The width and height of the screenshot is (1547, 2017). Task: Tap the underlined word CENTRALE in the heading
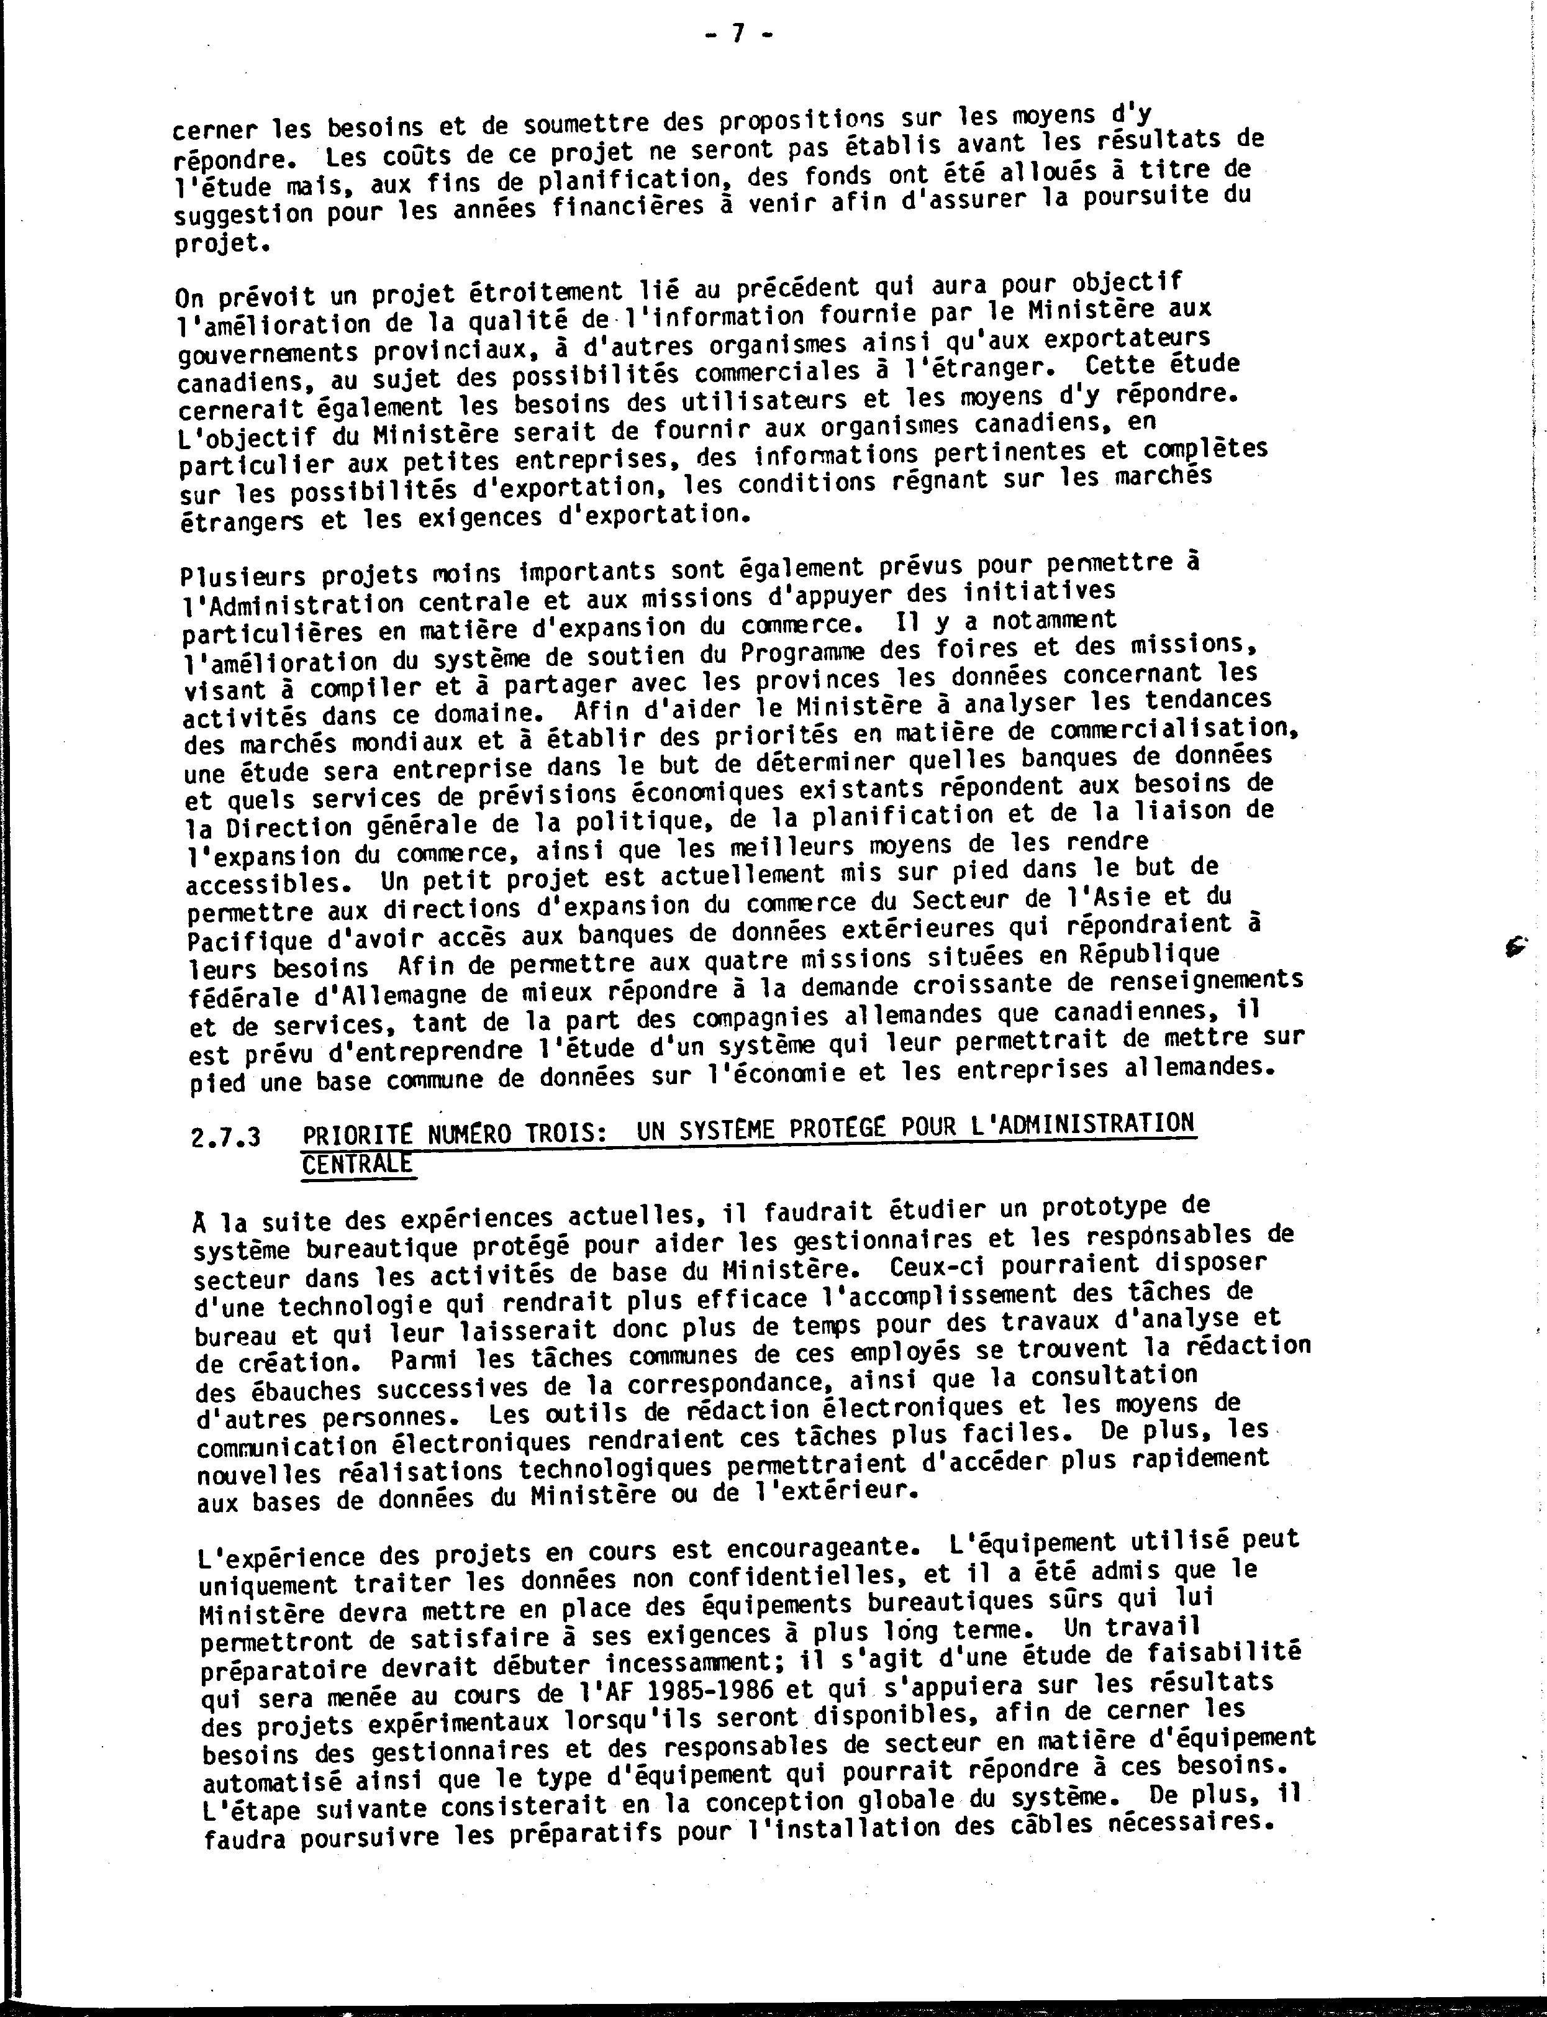[x=356, y=1164]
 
